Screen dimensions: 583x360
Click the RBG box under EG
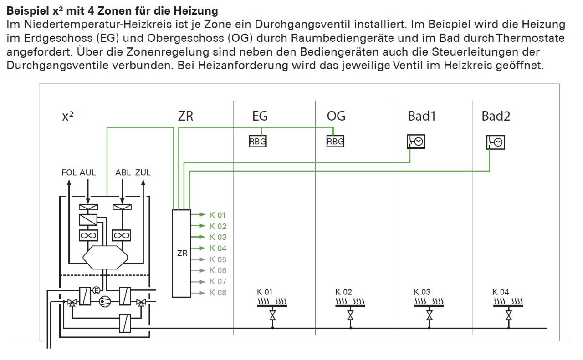[257, 142]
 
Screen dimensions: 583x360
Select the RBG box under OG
[335, 142]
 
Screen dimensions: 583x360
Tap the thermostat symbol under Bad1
[416, 142]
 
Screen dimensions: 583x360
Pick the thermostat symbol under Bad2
[496, 142]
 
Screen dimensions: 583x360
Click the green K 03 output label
[218, 237]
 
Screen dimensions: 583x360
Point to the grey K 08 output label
[218, 293]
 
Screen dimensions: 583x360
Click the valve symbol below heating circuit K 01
[272, 315]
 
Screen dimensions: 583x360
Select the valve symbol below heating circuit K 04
[509, 315]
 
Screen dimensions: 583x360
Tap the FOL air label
[69, 172]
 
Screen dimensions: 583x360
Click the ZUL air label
[143, 172]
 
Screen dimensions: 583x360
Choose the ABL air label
[123, 172]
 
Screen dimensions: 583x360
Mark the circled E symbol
[96, 290]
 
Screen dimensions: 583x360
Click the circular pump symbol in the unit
[105, 302]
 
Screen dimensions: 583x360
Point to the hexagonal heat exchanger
[105, 258]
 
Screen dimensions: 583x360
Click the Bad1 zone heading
[422, 116]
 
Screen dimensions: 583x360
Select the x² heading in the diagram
[68, 116]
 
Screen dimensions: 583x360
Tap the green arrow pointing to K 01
[198, 215]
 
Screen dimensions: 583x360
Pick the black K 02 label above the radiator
[343, 292]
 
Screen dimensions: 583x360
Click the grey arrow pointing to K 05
[198, 259]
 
